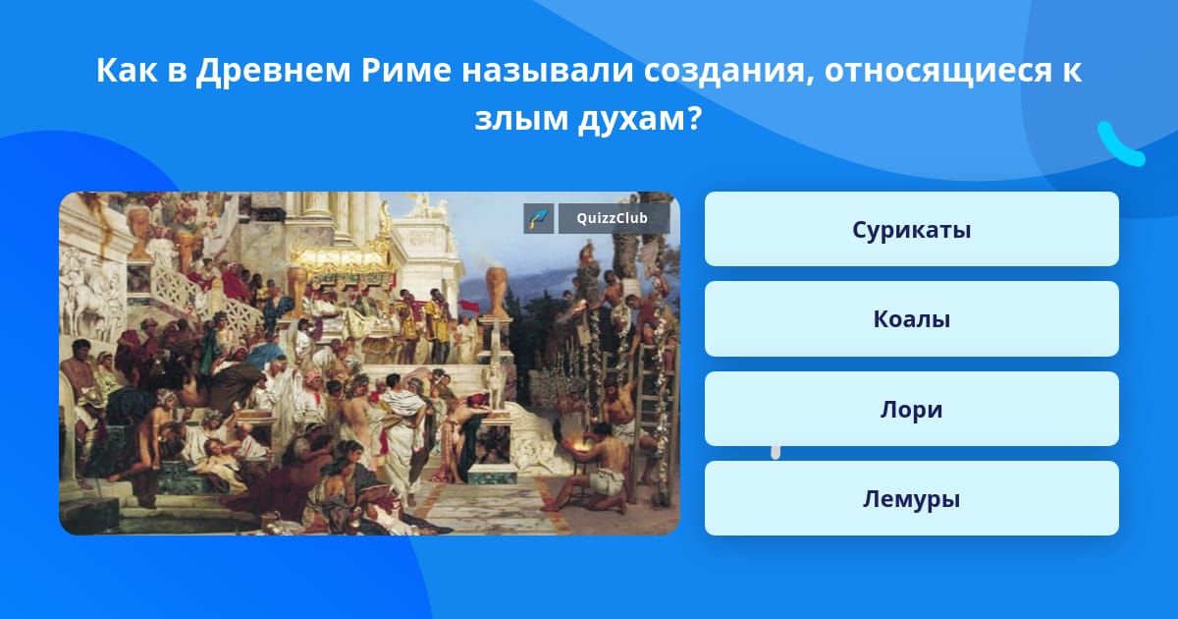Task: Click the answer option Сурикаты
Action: pyautogui.click(x=911, y=229)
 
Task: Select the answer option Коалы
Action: pyautogui.click(x=911, y=318)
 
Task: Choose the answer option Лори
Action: pyautogui.click(x=911, y=409)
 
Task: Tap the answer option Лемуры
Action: pyautogui.click(x=911, y=498)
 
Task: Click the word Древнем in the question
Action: pyautogui.click(x=273, y=71)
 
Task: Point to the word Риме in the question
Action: pyautogui.click(x=406, y=70)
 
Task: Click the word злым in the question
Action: pyautogui.click(x=520, y=119)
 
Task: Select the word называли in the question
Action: pyautogui.click(x=547, y=71)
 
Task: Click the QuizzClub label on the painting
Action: pyautogui.click(x=614, y=218)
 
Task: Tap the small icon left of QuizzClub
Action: pyautogui.click(x=539, y=218)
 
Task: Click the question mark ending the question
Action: pyautogui.click(x=694, y=118)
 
